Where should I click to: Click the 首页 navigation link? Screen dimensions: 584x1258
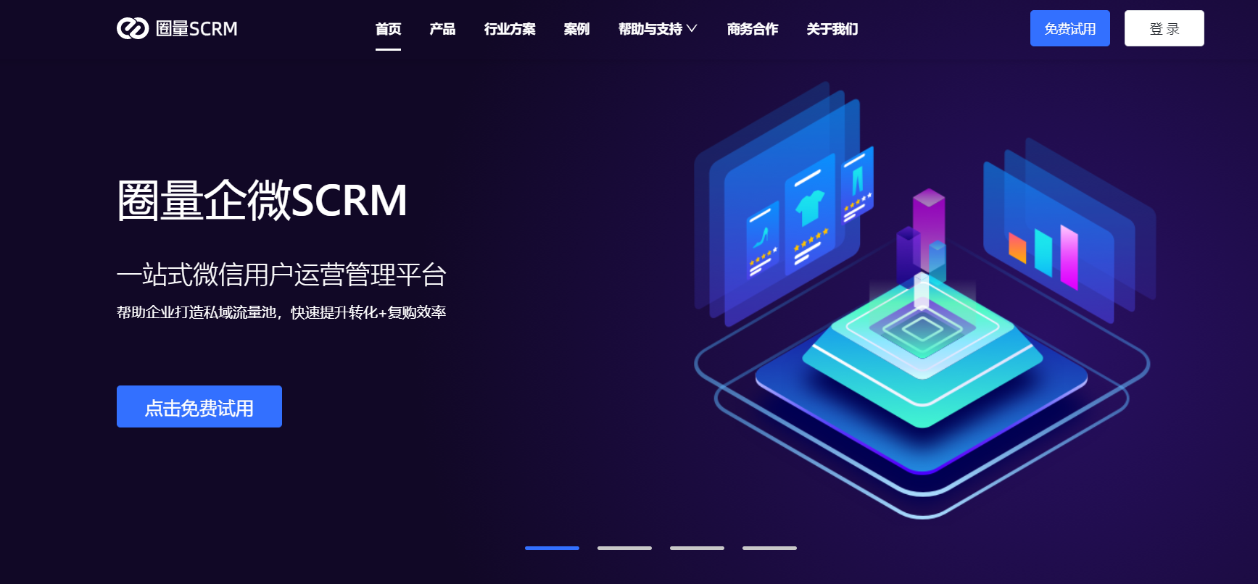click(x=388, y=29)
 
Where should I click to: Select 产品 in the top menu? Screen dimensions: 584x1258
click(x=442, y=29)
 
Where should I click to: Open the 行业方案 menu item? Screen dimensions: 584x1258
click(x=510, y=29)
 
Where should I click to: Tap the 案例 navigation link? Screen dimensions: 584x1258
click(x=576, y=29)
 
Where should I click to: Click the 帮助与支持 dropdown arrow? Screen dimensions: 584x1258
click(x=692, y=29)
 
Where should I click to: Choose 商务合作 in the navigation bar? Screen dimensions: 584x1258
click(x=753, y=29)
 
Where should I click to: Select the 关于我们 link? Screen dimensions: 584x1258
click(x=832, y=29)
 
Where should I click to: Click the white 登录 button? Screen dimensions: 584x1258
click(x=1164, y=28)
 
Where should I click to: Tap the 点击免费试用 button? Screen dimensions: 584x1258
click(x=199, y=406)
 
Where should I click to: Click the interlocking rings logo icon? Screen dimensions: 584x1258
click(x=133, y=28)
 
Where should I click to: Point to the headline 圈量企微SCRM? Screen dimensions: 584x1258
click(x=262, y=200)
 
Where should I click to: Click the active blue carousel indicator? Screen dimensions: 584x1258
click(x=552, y=548)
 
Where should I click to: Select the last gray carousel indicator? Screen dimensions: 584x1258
click(x=769, y=548)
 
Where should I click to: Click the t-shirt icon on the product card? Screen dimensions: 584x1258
click(x=809, y=207)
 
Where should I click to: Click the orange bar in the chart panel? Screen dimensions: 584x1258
click(x=1017, y=247)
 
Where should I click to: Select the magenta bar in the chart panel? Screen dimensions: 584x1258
click(x=1069, y=256)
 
